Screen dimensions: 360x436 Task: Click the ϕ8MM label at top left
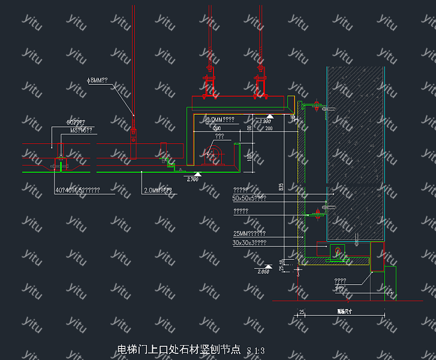[x=97, y=80]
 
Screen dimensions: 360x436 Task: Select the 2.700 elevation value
[x=193, y=179]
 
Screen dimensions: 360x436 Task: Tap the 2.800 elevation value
[x=264, y=122]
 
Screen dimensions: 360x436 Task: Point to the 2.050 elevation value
[x=263, y=272]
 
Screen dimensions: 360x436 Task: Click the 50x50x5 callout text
[x=249, y=197]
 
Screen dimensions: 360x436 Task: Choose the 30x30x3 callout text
[x=249, y=242]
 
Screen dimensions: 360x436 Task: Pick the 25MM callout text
[x=249, y=233]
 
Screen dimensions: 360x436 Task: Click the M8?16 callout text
[x=81, y=129]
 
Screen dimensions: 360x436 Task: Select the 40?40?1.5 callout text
[x=77, y=190]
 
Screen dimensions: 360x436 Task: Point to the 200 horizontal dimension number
[x=268, y=128]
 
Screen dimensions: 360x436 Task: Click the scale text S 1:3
[x=255, y=350]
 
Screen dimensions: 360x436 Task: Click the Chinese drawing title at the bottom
[x=179, y=349]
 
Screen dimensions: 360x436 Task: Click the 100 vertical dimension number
[x=249, y=157]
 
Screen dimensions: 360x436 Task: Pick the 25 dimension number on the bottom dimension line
[x=302, y=311]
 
